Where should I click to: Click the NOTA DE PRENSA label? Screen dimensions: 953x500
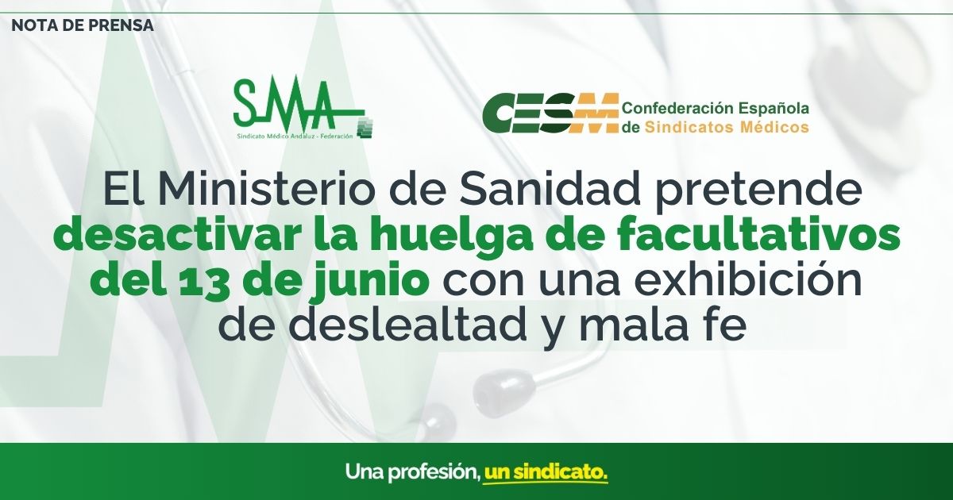tap(83, 26)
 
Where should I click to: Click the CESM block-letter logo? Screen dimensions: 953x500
tap(550, 113)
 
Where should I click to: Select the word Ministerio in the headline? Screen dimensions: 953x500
tap(265, 190)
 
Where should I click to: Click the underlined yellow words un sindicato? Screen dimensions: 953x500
tap(546, 471)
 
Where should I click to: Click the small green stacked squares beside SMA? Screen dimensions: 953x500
tap(365, 127)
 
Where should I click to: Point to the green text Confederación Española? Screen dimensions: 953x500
tap(716, 109)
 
